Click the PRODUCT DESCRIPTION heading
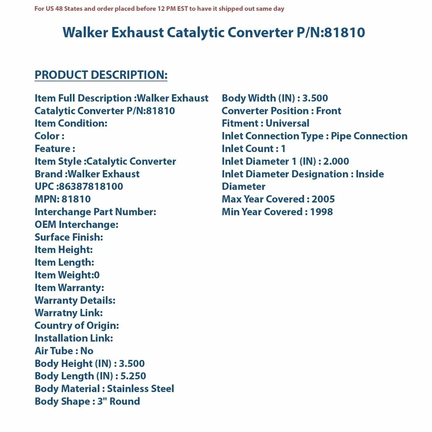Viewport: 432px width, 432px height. pos(101,75)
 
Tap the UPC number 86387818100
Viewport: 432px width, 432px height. pos(90,186)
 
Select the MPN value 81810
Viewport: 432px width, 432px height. pos(76,199)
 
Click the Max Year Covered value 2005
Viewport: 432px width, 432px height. pos(323,199)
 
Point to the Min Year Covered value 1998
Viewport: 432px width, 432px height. pos(321,211)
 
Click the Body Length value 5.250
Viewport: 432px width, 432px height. pos(133,376)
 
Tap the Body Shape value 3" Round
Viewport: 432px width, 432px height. pos(119,401)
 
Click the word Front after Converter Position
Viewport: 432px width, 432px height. pos(328,111)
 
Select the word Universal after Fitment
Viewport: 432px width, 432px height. pos(287,123)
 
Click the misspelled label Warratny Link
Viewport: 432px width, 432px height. pos(68,313)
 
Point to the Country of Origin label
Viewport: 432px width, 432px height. pos(76,325)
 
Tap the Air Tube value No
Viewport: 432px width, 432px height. pos(87,351)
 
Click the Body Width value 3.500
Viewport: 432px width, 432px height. pos(315,98)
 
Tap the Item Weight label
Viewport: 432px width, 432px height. pos(63,275)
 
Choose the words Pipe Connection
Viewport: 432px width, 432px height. pos(369,136)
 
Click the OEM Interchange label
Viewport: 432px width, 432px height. pos(76,224)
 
